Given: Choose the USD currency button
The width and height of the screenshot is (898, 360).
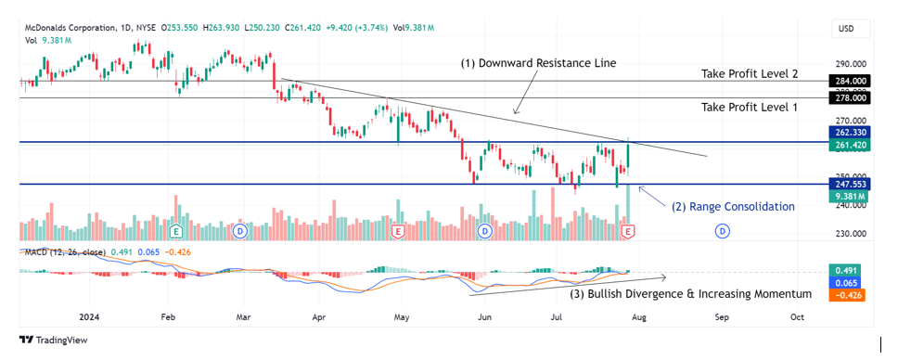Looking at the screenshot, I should (x=846, y=29).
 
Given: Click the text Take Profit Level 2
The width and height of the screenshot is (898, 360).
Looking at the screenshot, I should (x=750, y=73).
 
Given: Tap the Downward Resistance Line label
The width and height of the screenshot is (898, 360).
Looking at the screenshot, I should (x=539, y=63).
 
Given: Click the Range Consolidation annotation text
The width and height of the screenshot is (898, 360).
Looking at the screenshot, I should (x=733, y=207).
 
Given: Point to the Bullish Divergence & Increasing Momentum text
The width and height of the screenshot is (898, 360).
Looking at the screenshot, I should (x=691, y=294).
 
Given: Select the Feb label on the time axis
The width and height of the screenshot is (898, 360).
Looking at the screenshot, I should (x=168, y=316).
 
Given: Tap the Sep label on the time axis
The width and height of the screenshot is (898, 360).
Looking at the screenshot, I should (x=722, y=316).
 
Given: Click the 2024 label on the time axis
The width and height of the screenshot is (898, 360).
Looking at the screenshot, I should (x=90, y=316).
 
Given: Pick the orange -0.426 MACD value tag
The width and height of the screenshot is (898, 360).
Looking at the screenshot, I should (x=846, y=295).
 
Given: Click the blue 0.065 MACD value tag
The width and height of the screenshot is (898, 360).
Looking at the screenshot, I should (x=846, y=283).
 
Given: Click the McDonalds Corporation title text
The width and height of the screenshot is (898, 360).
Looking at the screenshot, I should (x=71, y=28).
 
